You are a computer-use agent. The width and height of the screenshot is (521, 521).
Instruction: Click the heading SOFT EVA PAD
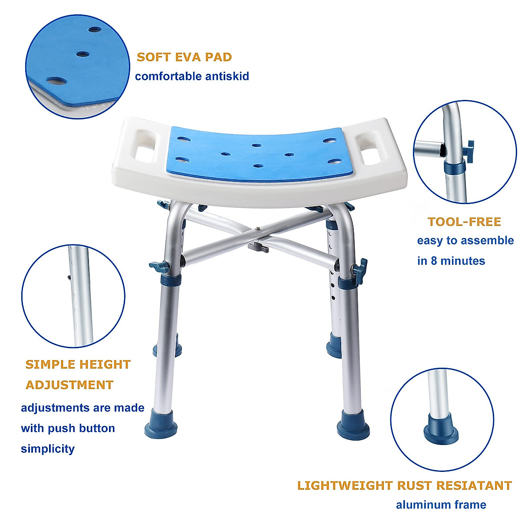pos(184,57)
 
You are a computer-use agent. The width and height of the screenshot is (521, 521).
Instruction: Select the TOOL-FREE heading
pos(464,222)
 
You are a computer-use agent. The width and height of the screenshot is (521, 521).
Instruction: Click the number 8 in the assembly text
pos(434,261)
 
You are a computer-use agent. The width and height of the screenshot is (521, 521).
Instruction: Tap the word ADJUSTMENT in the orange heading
pos(69,385)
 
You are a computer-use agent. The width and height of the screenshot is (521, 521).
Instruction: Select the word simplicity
pos(48,448)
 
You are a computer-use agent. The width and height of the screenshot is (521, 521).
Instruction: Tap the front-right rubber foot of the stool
pos(353,424)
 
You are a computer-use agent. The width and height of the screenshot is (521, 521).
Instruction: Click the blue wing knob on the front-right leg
pos(360,268)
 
